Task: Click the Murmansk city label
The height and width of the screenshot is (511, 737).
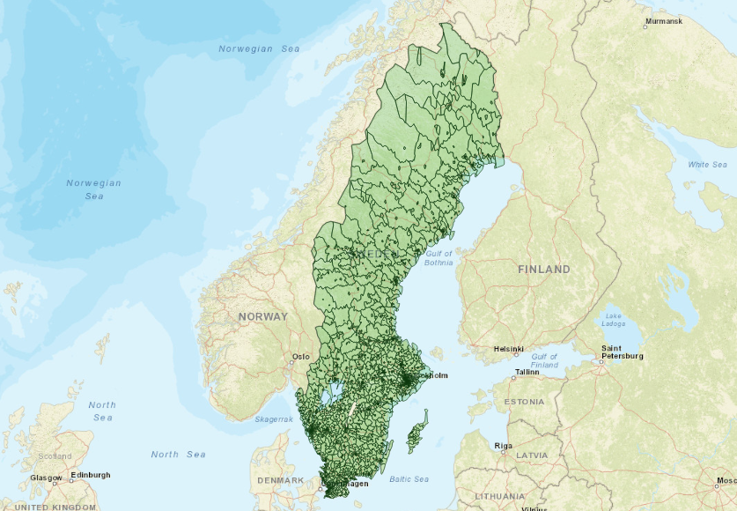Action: click(x=663, y=20)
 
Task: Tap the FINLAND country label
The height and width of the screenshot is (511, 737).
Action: click(x=543, y=269)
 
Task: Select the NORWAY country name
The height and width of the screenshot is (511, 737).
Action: click(x=262, y=316)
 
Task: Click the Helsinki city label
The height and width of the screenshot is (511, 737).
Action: click(x=509, y=348)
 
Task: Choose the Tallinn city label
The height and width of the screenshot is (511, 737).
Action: click(x=527, y=372)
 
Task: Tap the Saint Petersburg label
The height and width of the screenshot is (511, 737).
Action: click(x=623, y=352)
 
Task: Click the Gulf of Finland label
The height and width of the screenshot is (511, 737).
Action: click(x=544, y=359)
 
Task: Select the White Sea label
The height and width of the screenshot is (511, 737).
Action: click(x=708, y=165)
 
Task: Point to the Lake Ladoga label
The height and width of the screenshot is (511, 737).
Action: click(x=614, y=320)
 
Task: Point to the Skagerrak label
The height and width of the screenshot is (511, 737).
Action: click(x=274, y=419)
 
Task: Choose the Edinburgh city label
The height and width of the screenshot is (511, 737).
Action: click(x=91, y=475)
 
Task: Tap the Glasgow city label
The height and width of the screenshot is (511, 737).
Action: click(x=45, y=478)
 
